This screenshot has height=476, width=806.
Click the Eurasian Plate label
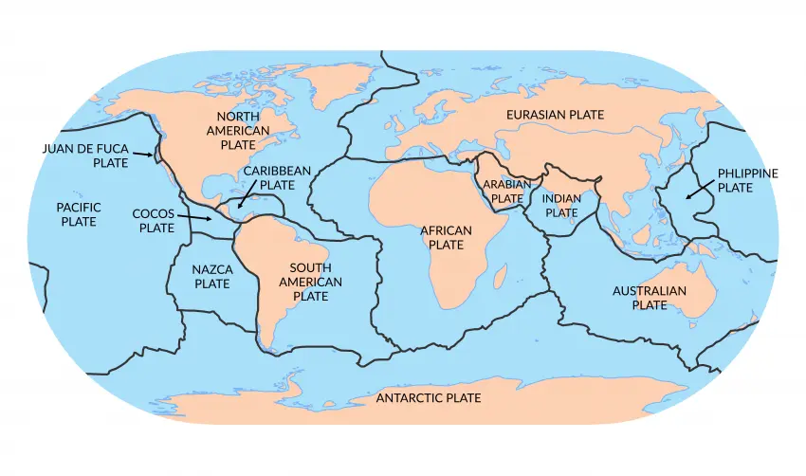coord(555,114)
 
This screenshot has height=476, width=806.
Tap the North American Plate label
coord(238,130)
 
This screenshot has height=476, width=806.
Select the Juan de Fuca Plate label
coord(84,156)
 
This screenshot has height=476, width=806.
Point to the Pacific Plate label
coord(78,213)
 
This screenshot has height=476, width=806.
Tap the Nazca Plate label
coord(211,276)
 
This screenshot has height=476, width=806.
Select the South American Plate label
coord(310,282)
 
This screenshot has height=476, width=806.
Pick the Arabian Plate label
coord(503,192)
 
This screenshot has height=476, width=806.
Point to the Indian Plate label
coord(560,206)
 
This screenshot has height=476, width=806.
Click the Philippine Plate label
coord(747,180)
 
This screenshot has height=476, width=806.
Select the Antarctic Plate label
coord(429,397)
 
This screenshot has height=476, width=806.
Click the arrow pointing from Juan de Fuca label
coord(143,154)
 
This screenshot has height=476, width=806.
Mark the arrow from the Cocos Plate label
coord(197,219)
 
